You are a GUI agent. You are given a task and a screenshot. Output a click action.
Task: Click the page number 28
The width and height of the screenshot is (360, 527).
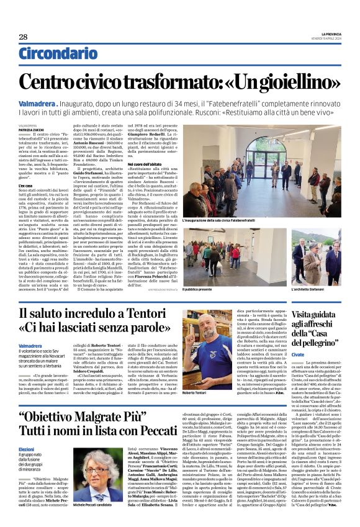pos(23,37)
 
